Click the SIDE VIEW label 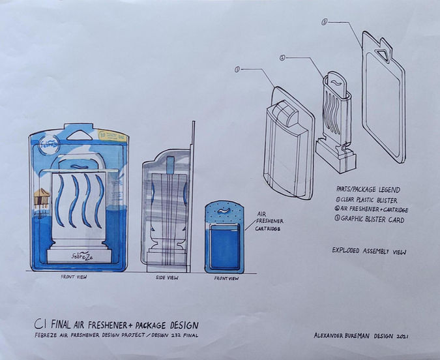pos(165,278)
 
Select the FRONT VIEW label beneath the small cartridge pos(226,278)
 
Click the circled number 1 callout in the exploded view pos(238,68)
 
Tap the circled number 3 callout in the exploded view pos(324,22)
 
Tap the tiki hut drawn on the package pos(42,195)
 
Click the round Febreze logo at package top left pos(47,145)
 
